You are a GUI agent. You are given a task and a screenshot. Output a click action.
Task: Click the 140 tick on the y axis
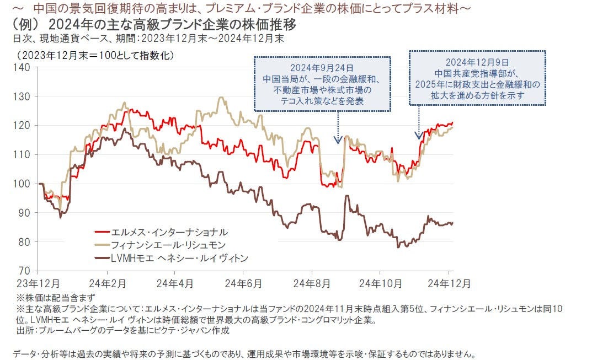click(23, 67)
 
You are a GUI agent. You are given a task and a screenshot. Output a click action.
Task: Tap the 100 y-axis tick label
click(23, 184)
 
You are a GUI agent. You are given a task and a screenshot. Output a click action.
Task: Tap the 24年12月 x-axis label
click(450, 283)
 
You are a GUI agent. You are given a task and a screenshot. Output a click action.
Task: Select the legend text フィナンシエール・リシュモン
click(169, 245)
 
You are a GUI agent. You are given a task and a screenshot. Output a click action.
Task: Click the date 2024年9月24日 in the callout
click(323, 68)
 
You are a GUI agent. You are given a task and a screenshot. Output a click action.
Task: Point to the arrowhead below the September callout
click(339, 141)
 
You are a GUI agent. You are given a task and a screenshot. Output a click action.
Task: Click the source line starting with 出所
click(115, 331)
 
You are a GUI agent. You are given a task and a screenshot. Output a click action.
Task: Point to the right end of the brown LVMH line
click(452, 223)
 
